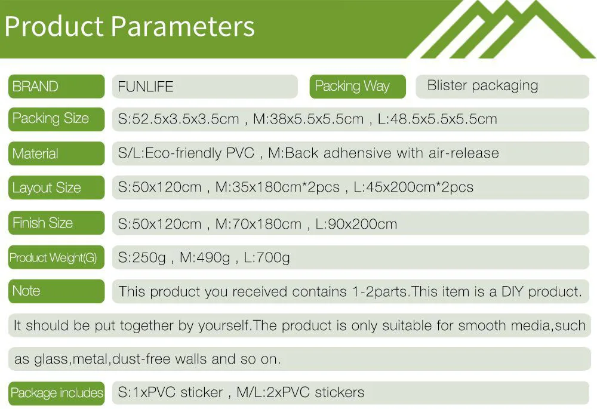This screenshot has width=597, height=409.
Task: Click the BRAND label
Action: click(35, 87)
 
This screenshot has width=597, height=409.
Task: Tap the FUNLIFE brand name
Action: click(146, 87)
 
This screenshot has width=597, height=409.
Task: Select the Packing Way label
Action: click(352, 86)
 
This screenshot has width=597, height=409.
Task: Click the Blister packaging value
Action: click(482, 86)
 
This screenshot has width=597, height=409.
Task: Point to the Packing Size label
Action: click(51, 118)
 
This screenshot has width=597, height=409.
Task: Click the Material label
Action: click(35, 153)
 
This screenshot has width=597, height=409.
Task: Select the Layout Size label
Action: click(47, 187)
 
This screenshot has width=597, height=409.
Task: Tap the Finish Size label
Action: click(42, 223)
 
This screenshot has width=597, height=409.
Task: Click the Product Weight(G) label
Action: click(53, 257)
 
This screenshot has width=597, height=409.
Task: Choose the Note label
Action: click(26, 291)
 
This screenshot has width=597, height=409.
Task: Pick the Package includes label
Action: click(57, 393)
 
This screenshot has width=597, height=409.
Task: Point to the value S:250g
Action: click(141, 258)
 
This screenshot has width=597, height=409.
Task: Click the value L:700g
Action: click(266, 258)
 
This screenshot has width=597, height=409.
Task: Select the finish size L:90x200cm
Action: click(356, 224)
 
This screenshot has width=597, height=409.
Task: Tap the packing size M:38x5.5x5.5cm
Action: click(309, 119)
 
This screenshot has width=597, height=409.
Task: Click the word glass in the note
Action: click(51, 359)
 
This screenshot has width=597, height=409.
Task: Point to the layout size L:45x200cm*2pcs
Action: click(414, 187)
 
